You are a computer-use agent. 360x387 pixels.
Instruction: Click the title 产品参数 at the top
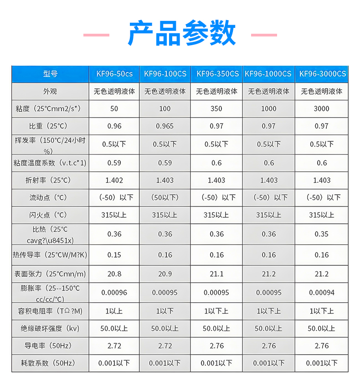[182, 33]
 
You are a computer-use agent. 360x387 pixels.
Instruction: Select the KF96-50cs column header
[114, 74]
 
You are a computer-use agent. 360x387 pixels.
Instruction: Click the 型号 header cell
[50, 74]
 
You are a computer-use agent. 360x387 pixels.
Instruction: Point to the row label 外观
[50, 91]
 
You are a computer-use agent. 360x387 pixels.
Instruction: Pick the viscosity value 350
[216, 108]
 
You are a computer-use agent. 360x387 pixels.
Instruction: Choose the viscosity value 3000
[321, 108]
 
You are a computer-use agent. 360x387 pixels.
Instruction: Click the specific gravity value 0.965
[165, 126]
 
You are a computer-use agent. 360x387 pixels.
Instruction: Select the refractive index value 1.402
[114, 180]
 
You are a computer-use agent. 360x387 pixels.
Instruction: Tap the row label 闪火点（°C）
[50, 215]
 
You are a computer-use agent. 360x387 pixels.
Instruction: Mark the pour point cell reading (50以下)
[165, 197]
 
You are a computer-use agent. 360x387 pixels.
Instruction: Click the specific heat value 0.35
[321, 234]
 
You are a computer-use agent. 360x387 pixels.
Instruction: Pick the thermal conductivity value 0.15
[114, 255]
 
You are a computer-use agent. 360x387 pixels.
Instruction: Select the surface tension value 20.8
[114, 274]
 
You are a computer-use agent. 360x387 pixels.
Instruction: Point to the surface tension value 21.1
[216, 274]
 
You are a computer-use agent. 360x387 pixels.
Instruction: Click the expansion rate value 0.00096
[114, 293]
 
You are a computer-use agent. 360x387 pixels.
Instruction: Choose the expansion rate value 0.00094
[321, 293]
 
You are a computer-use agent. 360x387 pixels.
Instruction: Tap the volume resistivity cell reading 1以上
[114, 311]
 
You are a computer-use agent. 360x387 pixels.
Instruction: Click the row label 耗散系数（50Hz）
[50, 363]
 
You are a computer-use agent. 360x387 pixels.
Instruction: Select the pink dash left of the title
[96, 35]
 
